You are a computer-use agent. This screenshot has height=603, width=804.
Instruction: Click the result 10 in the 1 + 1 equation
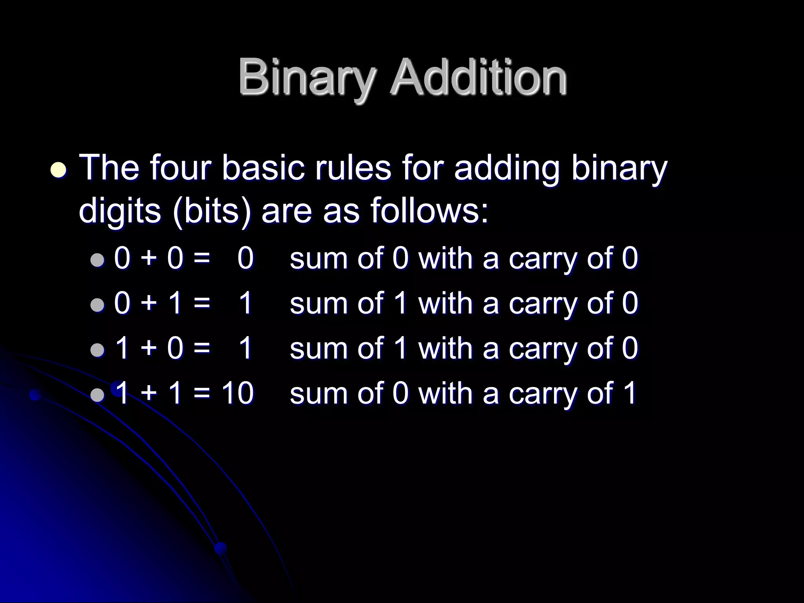tap(238, 393)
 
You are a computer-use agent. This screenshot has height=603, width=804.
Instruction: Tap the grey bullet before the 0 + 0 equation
tap(97, 259)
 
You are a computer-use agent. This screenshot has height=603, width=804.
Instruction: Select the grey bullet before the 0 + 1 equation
tap(97, 304)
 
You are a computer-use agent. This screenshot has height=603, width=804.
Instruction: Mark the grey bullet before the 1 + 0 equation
tap(97, 349)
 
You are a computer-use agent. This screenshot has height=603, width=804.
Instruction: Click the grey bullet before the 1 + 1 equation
tap(97, 394)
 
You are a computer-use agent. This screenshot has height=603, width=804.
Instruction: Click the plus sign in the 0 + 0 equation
tap(148, 259)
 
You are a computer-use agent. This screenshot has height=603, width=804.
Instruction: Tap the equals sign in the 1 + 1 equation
tap(202, 394)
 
